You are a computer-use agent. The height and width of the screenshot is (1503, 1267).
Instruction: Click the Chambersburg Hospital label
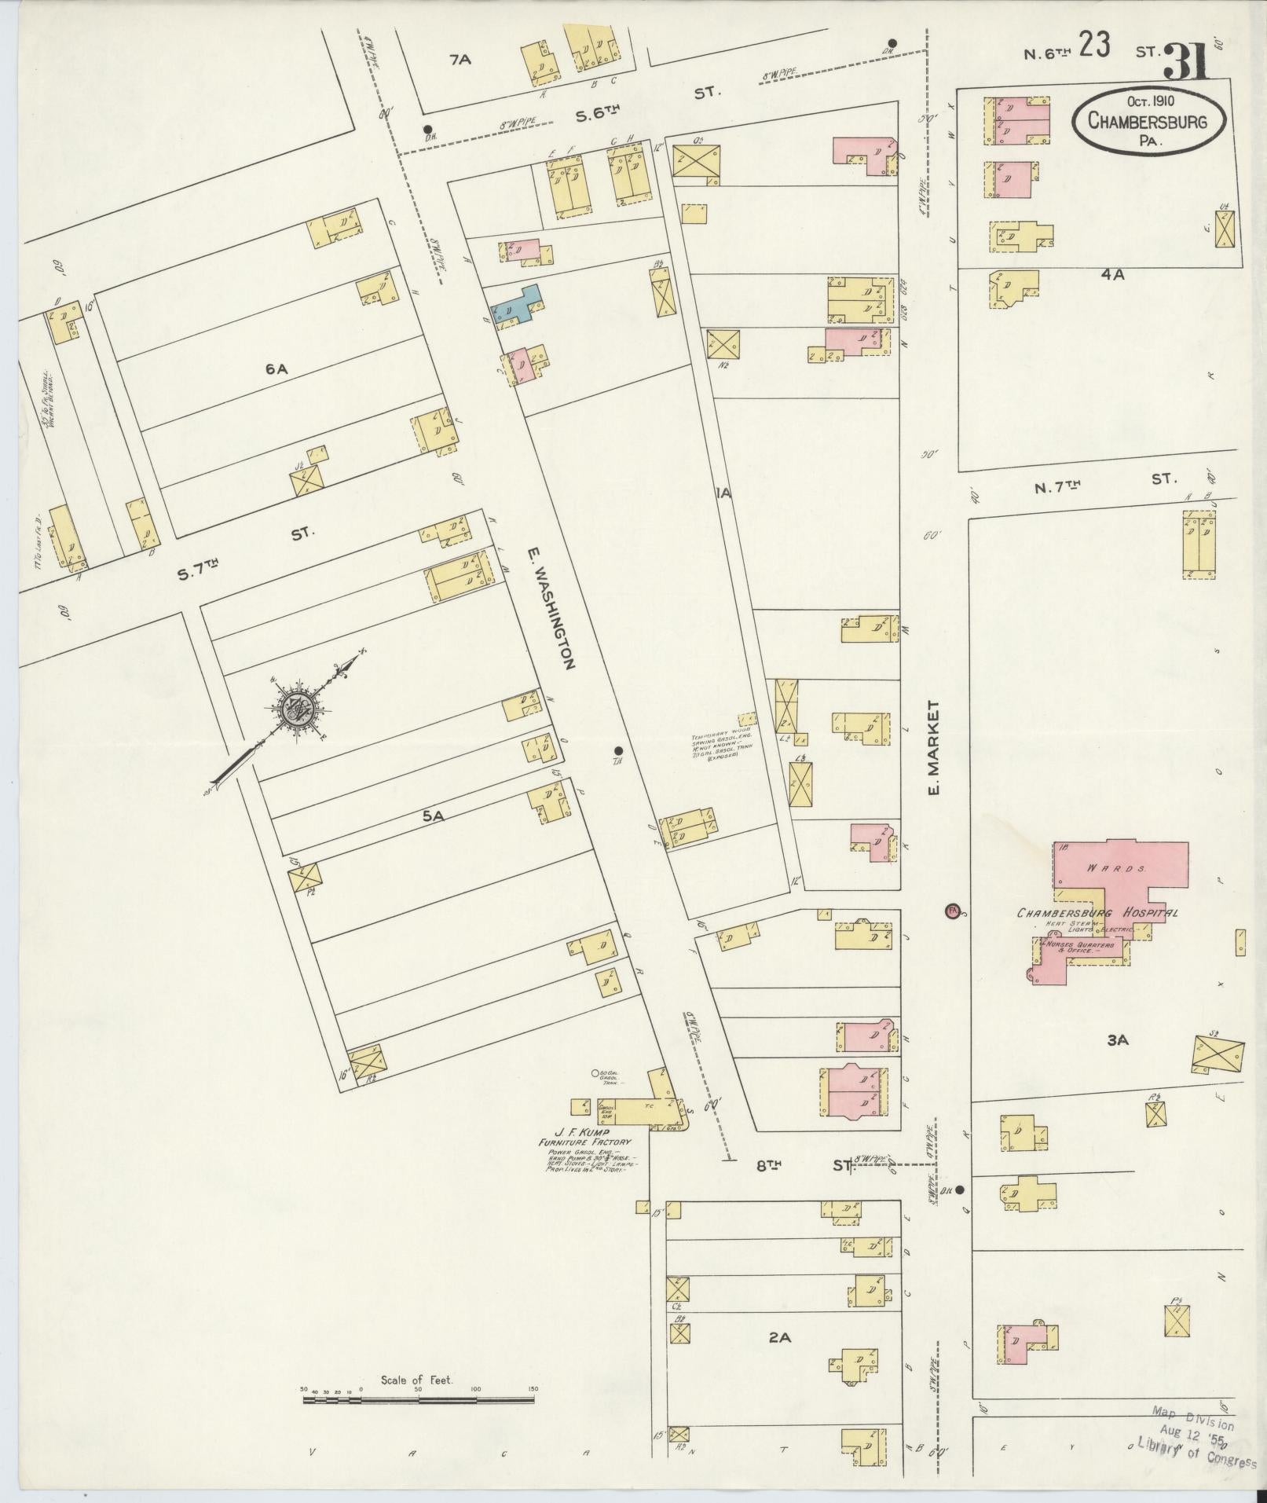[1097, 913]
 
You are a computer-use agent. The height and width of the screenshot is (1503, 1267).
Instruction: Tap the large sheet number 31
[1188, 61]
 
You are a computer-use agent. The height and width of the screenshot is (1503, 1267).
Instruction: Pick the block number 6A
[276, 368]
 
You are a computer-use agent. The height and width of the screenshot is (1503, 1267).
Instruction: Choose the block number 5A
[434, 817]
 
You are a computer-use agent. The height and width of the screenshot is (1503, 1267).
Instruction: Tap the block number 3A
[1117, 1040]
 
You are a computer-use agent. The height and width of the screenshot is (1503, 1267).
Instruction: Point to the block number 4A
[1113, 274]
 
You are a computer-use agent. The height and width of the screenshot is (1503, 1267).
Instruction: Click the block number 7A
[460, 60]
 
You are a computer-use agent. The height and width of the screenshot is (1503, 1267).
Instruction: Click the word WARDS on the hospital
[1107, 870]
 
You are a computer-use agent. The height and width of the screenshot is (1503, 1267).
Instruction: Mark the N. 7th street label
[1057, 487]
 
